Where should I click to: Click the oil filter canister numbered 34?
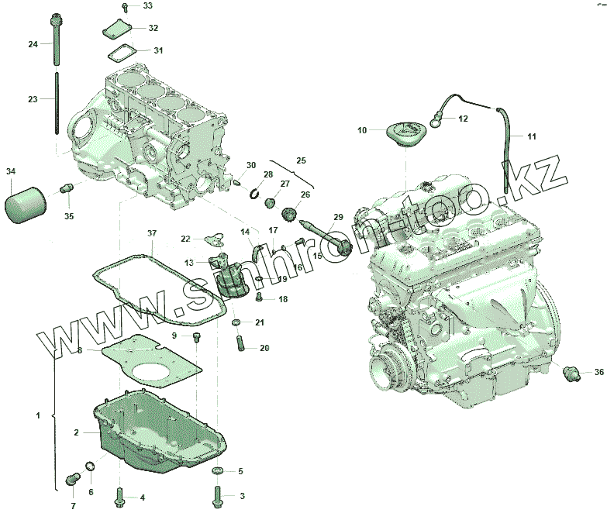26,205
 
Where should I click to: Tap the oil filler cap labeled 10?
406,133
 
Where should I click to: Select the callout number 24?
33,44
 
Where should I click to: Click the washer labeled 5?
218,471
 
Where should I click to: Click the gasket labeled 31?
121,53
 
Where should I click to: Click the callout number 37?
152,233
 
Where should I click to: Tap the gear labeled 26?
289,214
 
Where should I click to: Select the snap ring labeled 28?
255,193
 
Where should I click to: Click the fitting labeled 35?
67,188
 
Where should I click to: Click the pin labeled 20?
240,344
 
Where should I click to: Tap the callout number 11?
532,136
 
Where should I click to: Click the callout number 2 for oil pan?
76,432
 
